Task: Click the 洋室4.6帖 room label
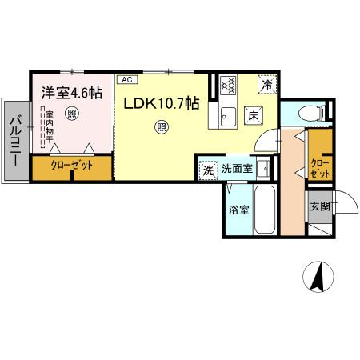[x=72, y=92]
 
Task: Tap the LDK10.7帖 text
[x=160, y=104]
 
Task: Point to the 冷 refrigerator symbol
[x=266, y=83]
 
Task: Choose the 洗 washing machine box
[x=207, y=170]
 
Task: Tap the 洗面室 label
[x=238, y=170]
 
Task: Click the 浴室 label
[x=237, y=211]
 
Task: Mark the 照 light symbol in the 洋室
[x=73, y=114]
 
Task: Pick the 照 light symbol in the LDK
[x=162, y=126]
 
